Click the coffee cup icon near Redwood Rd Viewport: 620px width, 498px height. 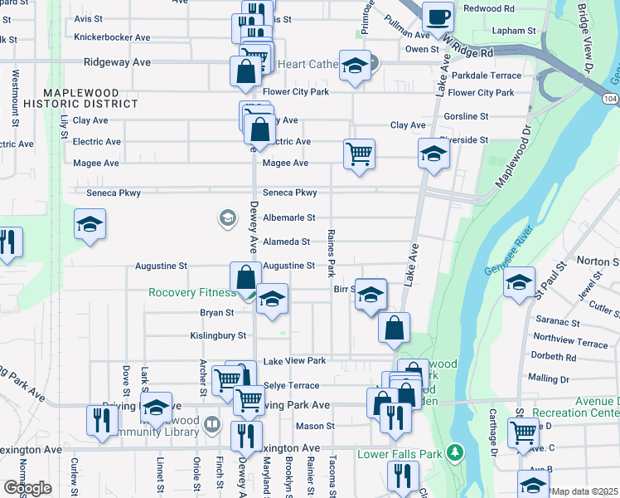click(438, 15)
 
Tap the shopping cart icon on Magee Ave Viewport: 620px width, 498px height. click(359, 153)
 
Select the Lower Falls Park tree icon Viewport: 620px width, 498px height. click(453, 453)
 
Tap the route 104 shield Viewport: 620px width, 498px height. click(611, 98)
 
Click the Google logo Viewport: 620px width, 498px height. click(27, 488)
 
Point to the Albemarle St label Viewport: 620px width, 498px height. click(288, 217)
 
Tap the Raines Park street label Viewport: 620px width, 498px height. click(331, 253)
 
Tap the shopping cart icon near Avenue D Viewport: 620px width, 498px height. click(523, 431)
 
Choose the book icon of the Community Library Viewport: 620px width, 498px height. click(212, 425)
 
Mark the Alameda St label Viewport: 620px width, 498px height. click(286, 242)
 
